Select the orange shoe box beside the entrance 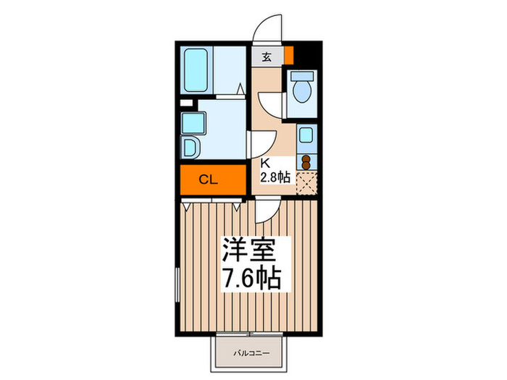[288, 55]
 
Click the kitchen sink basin [306, 135]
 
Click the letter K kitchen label [265, 164]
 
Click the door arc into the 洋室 [265, 211]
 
